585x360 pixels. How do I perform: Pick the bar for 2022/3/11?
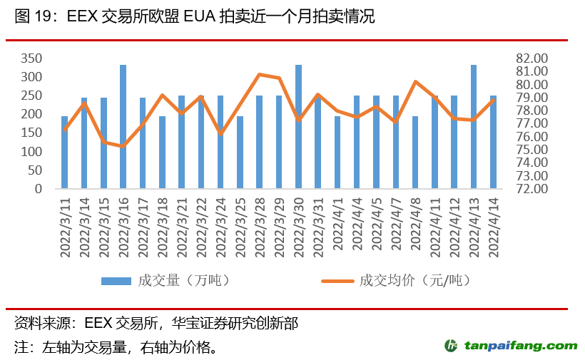pos(65,153)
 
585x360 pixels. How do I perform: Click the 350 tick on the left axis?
pos(31,58)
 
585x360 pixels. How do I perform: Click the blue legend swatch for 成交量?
pos(116,280)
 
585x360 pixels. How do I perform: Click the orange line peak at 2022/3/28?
pos(260,74)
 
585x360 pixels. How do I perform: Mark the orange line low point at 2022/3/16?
pos(123,146)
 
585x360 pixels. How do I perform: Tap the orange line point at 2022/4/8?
pos(415,82)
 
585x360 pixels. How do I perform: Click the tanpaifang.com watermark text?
pos(521,346)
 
